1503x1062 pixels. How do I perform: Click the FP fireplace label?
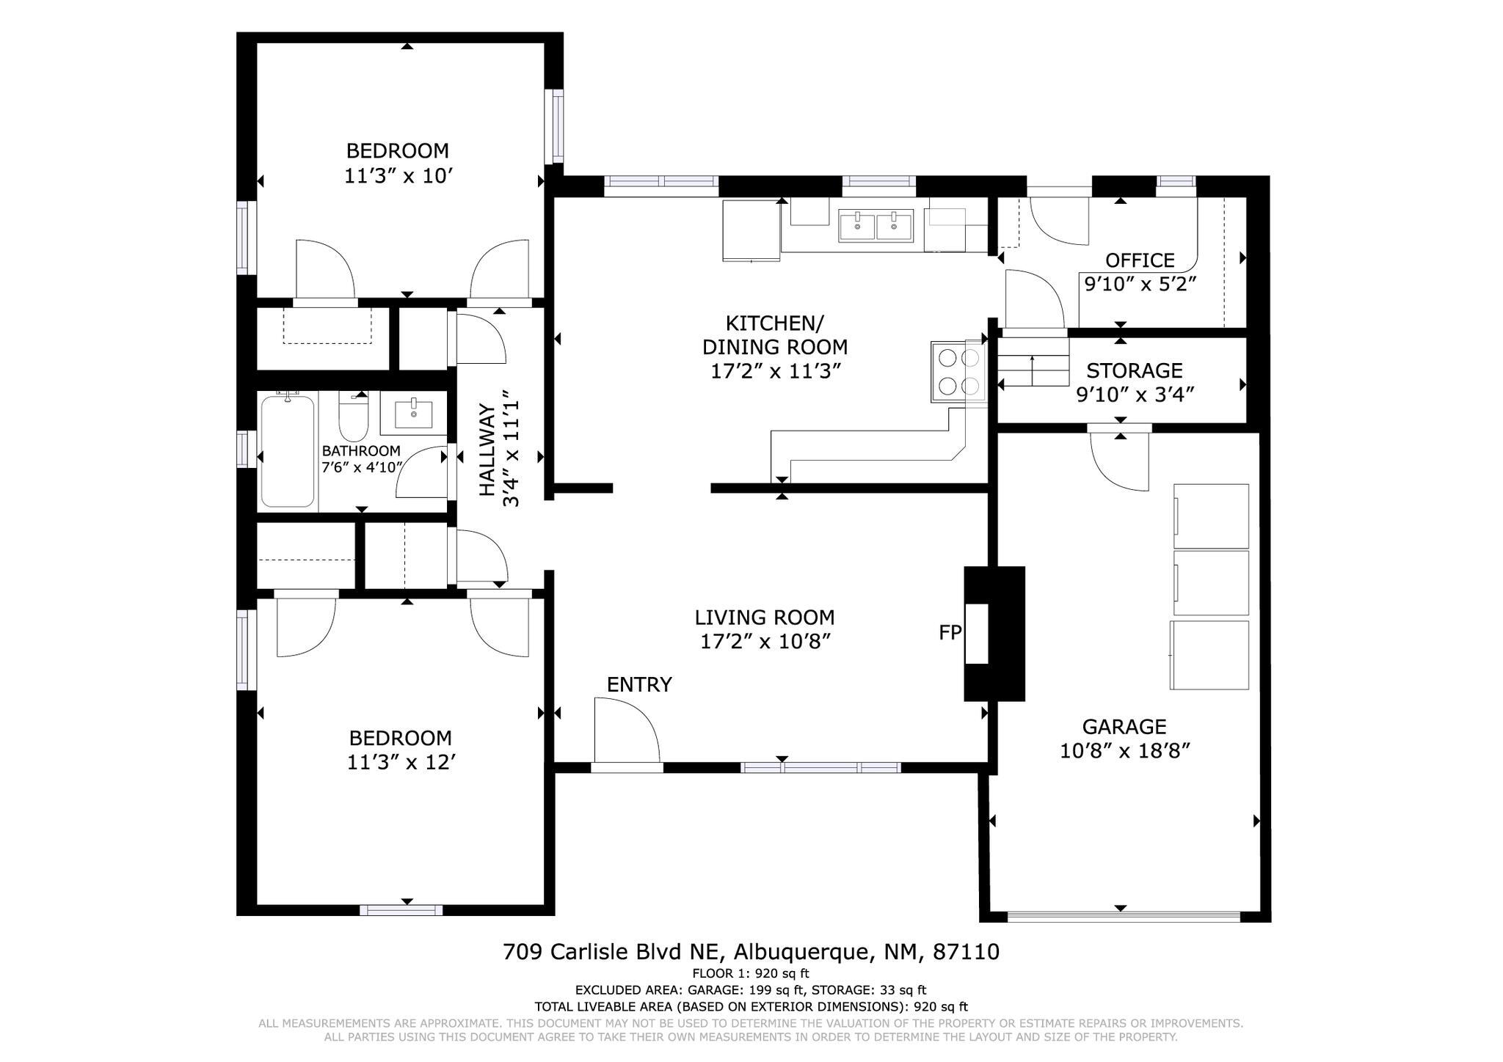pyautogui.click(x=950, y=632)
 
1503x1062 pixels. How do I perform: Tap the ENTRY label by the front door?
pyautogui.click(x=639, y=684)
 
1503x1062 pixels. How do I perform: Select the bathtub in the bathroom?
pyautogui.click(x=288, y=450)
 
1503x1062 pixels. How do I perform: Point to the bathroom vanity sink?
pyautogui.click(x=414, y=414)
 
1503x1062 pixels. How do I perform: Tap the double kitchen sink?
pyautogui.click(x=876, y=225)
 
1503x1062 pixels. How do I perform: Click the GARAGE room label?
pyautogui.click(x=1124, y=727)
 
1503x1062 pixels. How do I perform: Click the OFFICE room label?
pyautogui.click(x=1140, y=260)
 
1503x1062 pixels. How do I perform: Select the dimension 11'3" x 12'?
pyautogui.click(x=401, y=763)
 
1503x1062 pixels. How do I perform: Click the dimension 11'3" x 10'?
pyautogui.click(x=397, y=176)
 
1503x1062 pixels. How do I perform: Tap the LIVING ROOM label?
pyautogui.click(x=765, y=618)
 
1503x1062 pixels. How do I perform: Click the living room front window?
pyautogui.click(x=820, y=768)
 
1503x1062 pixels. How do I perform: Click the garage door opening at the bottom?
pyautogui.click(x=1123, y=916)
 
